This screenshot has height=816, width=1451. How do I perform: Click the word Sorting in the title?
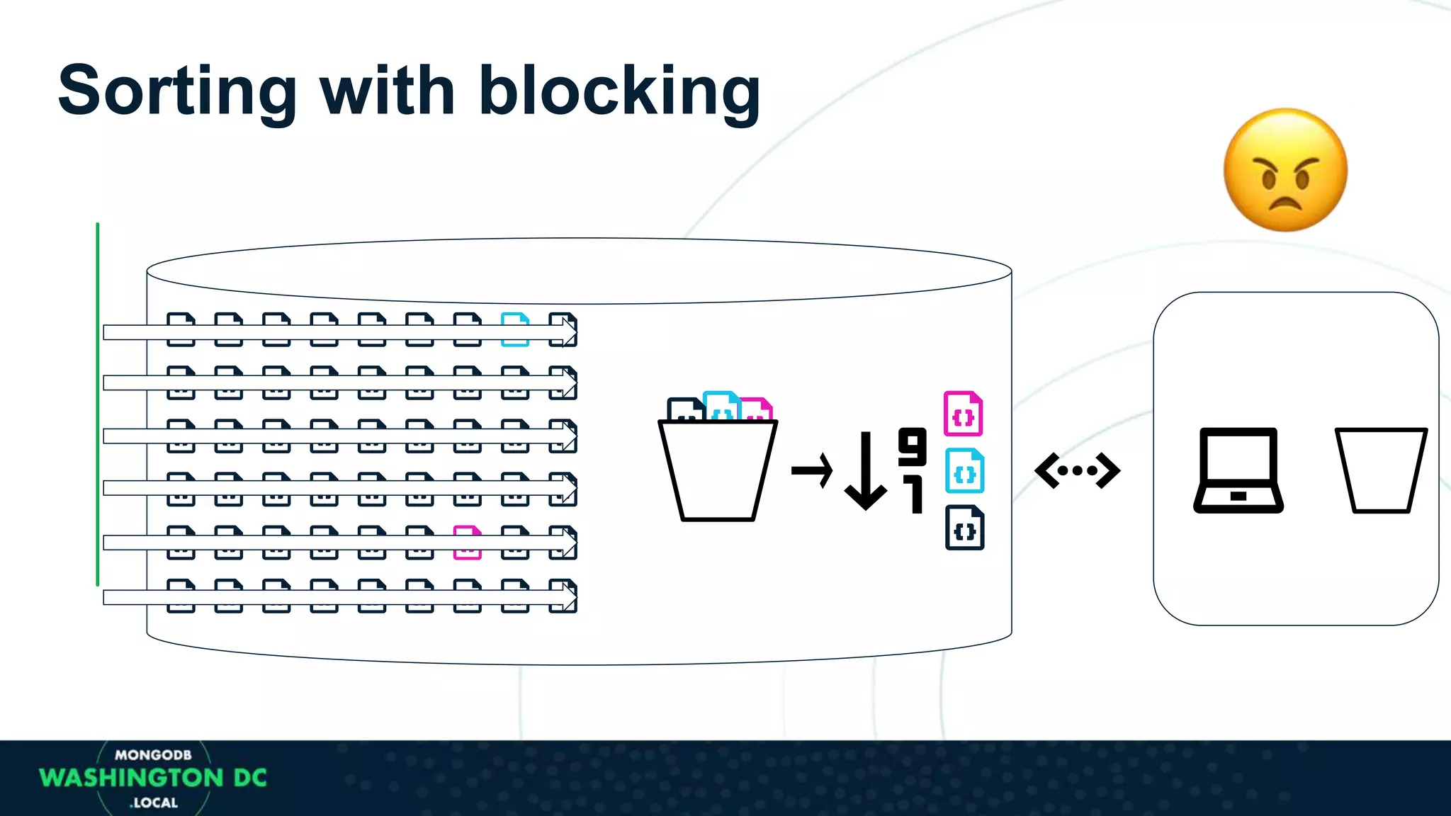[177, 92]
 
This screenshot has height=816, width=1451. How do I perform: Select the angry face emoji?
[1285, 170]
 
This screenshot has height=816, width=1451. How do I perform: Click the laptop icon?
[1238, 470]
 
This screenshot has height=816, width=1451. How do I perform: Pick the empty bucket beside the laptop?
[1380, 470]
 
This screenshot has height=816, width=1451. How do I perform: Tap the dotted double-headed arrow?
[1077, 470]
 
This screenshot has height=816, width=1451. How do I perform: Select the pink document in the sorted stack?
[963, 414]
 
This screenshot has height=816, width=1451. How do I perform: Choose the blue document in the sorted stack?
[964, 471]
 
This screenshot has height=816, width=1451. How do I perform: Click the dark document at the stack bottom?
[964, 528]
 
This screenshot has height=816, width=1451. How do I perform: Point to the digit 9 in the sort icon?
[912, 446]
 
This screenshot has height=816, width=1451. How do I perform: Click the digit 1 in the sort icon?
[915, 494]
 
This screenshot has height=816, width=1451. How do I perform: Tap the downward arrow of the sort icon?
[865, 471]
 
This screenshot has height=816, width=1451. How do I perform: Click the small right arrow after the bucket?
[812, 470]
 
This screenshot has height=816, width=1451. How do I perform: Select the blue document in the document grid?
[515, 329]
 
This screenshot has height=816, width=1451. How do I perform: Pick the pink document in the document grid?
[467, 543]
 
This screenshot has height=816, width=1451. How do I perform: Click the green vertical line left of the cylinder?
[98, 404]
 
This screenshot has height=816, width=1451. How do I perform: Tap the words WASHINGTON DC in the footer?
[153, 778]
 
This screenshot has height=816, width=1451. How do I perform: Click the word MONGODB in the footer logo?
[153, 755]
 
